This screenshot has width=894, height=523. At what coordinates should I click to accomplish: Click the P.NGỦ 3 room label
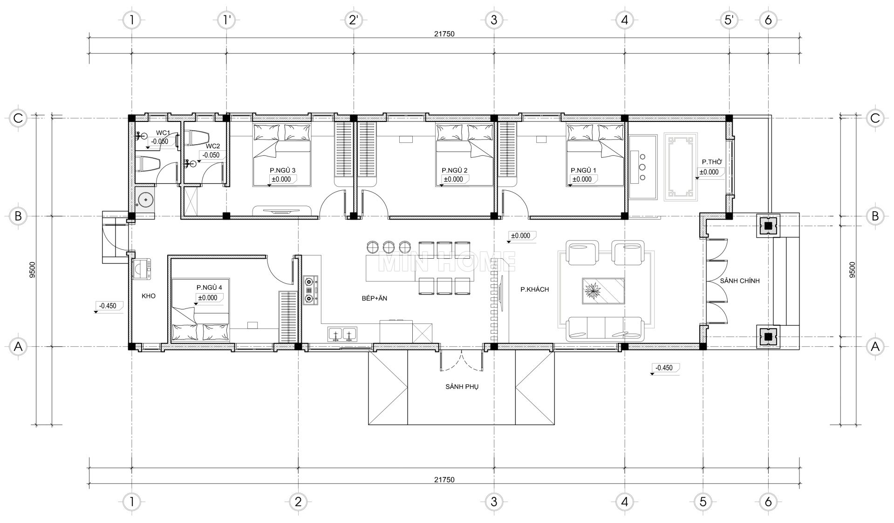point(283,170)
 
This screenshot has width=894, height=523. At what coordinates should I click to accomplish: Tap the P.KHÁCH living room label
point(535,289)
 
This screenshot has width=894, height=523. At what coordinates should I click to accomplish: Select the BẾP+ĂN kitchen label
point(375,299)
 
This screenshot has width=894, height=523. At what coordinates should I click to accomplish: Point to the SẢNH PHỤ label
point(462,387)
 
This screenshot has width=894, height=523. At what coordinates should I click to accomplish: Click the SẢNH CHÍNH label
point(740,281)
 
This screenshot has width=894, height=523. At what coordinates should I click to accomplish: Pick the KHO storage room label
point(149,296)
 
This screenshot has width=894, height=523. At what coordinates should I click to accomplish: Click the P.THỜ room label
point(712,162)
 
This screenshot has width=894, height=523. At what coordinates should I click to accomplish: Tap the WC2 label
point(212,146)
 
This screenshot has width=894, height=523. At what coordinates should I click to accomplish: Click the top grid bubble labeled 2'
point(354,20)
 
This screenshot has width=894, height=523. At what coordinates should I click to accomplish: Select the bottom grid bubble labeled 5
point(703,502)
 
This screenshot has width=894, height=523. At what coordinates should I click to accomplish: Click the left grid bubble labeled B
point(18,216)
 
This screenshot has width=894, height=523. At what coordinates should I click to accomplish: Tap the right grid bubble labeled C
point(875,118)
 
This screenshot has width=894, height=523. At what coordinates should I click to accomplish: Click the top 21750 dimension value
point(444,34)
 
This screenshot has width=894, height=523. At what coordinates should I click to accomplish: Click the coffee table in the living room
point(603,291)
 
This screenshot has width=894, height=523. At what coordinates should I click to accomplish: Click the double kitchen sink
point(342,334)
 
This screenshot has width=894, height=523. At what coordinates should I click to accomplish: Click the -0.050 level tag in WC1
point(160,141)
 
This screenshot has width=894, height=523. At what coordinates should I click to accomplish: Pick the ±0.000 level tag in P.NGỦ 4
point(207,298)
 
